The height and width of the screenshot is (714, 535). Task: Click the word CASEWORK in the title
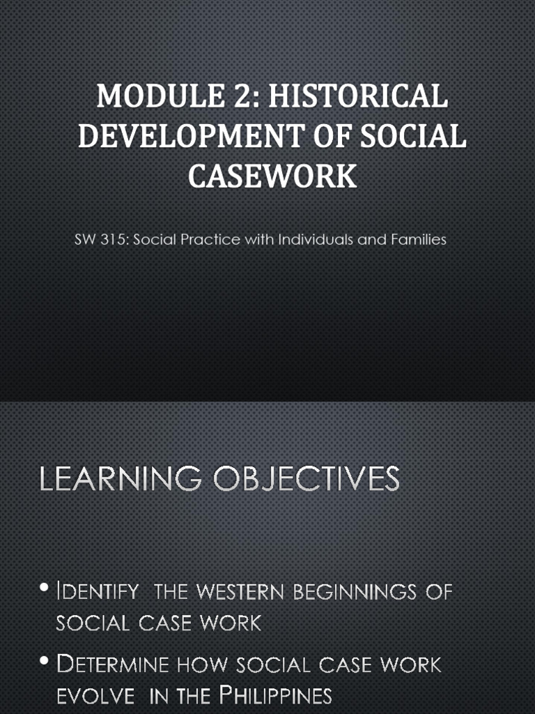tap(272, 176)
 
